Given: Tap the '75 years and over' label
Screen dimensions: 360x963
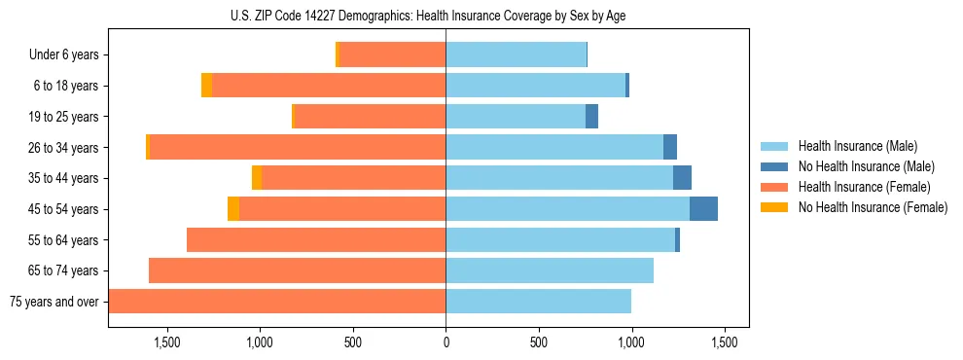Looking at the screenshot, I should (54, 302).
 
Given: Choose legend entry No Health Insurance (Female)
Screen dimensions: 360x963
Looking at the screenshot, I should (873, 207).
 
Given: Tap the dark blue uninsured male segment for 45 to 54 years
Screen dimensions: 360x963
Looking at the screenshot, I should (703, 209).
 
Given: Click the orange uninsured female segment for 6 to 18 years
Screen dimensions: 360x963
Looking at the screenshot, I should (206, 86).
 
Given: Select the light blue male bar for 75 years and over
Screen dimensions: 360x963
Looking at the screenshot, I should (538, 302).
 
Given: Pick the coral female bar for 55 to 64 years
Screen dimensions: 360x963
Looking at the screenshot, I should (316, 240).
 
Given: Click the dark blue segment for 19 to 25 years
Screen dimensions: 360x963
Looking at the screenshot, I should (591, 117).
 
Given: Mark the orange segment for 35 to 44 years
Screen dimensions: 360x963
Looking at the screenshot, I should (257, 178).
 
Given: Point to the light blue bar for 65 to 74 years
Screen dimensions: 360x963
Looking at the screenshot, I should (550, 270).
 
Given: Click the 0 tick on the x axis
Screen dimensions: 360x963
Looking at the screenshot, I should (446, 342).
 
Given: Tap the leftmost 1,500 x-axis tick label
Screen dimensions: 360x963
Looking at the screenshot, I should (167, 342).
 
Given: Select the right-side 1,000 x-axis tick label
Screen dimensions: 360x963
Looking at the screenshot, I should (631, 342).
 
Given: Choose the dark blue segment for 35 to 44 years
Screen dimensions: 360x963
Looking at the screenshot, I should (682, 178).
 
